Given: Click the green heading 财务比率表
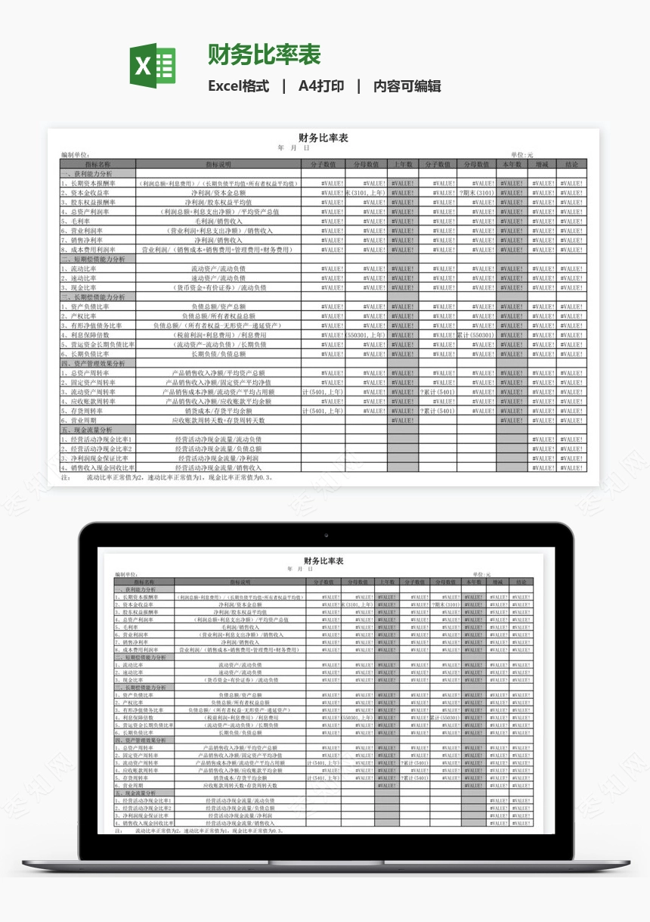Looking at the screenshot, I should click(x=265, y=54).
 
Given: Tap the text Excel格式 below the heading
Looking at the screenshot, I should click(x=238, y=86).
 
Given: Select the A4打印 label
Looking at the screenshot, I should click(x=321, y=86).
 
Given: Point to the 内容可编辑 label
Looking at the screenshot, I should click(x=407, y=86).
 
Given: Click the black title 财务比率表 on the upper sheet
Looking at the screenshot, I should click(x=323, y=138).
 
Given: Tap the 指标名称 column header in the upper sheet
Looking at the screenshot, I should click(x=97, y=164).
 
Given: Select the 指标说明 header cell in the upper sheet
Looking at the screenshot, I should click(x=218, y=164).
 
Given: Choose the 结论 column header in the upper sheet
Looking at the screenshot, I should click(x=571, y=164).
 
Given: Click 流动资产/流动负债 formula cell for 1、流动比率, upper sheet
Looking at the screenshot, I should click(x=218, y=269).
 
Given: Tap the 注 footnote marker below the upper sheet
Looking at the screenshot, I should click(x=65, y=477).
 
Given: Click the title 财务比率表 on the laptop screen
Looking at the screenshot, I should click(x=323, y=561).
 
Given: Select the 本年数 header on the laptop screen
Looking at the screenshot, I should click(x=474, y=582).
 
